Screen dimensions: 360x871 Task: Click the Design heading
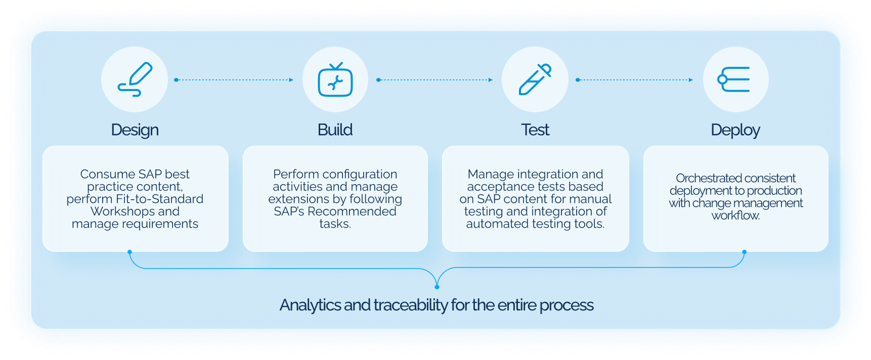pos(135,130)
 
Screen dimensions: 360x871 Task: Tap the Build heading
pos(335,130)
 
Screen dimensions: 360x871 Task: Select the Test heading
pos(535,130)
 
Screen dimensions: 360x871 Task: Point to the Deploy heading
pos(735,130)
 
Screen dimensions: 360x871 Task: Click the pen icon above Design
pos(135,79)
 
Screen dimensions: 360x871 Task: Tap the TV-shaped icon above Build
pos(335,79)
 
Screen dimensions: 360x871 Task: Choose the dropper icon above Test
pos(535,79)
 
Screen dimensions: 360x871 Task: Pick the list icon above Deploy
pos(735,79)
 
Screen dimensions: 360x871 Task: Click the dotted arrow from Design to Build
pos(234,80)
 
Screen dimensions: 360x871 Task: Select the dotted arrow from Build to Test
pos(435,80)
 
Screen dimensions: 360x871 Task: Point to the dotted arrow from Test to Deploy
pos(634,80)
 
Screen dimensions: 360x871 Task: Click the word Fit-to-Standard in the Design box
pos(159,199)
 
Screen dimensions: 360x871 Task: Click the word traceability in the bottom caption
pos(411,305)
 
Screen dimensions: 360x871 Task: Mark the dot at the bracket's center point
pos(437,287)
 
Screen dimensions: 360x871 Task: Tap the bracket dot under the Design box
pos(130,252)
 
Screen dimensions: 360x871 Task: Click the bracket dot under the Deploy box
pos(744,252)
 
